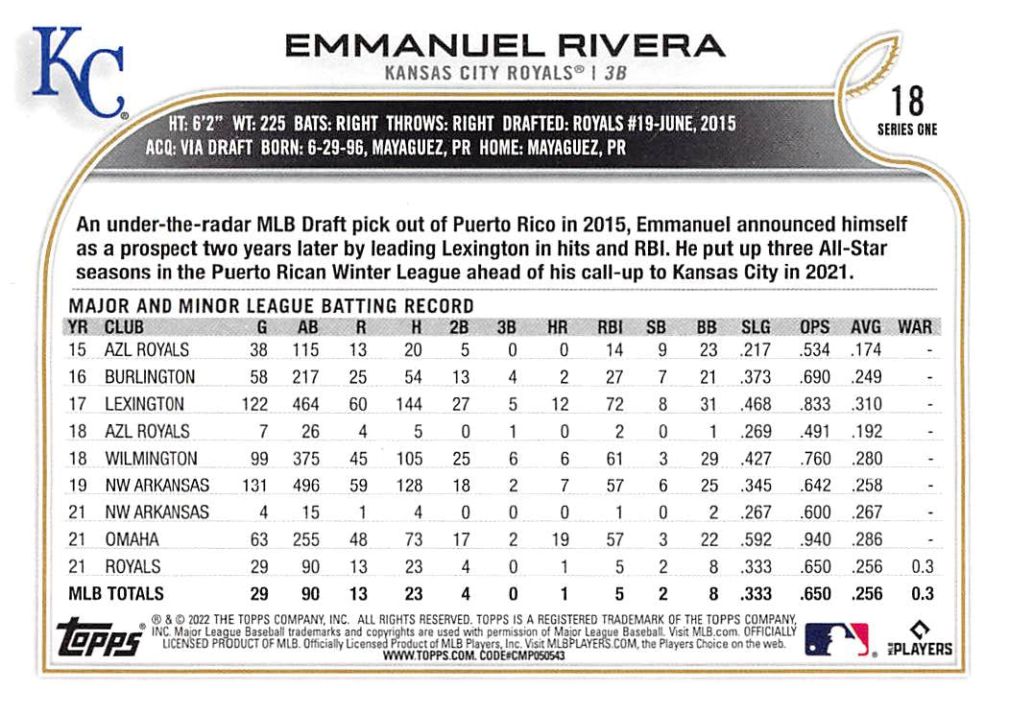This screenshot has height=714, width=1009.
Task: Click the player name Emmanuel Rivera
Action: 504,45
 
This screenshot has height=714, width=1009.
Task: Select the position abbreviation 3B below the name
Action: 619,72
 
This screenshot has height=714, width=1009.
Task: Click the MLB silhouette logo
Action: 836,637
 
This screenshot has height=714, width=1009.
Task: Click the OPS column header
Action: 815,326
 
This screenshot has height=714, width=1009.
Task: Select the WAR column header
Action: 914,326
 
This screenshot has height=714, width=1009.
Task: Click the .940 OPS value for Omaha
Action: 814,539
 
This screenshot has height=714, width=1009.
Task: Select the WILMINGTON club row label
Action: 151,458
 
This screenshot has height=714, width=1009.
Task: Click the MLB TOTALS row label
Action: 116,593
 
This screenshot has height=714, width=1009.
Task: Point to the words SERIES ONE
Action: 906,130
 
